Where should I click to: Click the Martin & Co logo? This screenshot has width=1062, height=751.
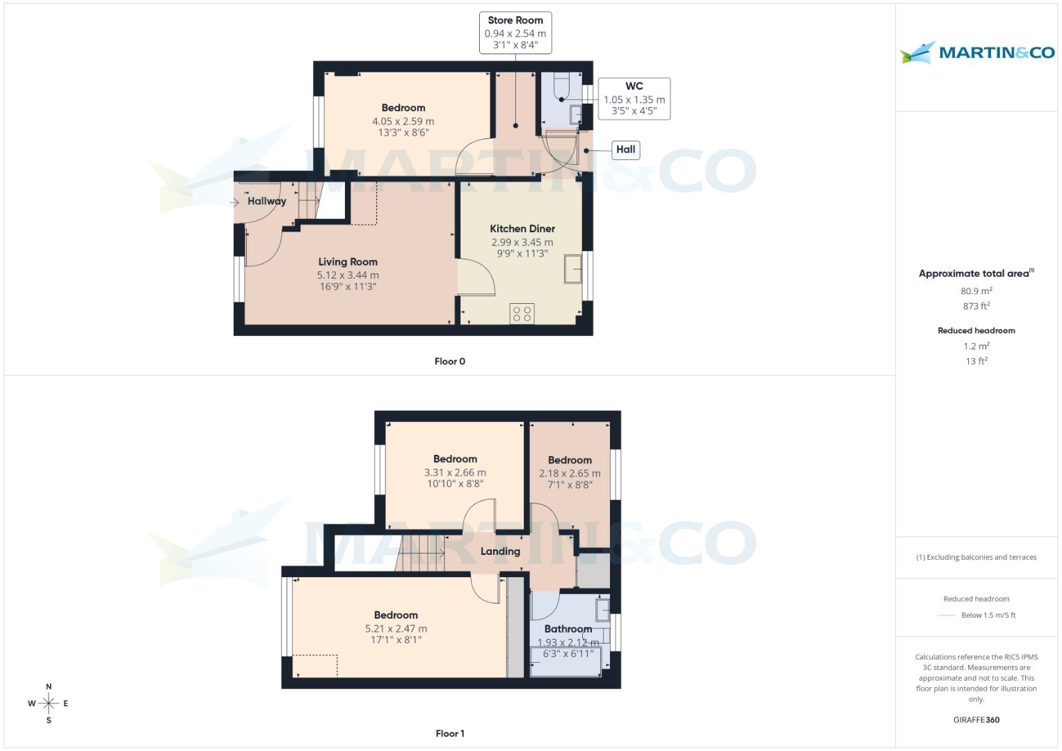pos(976,53)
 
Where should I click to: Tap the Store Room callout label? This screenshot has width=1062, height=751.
pos(515,33)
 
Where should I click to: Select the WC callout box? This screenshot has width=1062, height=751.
pos(634,99)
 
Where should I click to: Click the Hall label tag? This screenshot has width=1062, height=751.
pos(625,150)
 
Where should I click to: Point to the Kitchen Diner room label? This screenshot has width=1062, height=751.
pos(522,229)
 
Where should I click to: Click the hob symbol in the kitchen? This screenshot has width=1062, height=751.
pos(522,314)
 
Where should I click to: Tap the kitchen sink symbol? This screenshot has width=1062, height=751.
pos(574,269)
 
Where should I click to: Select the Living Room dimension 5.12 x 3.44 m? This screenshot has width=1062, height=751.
pos(348,275)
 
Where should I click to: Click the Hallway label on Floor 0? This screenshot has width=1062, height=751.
pos(266,201)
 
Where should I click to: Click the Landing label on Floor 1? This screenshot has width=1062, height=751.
pos(500,551)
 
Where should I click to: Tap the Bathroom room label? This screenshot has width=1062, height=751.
pos(568,629)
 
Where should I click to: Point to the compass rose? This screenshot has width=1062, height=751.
pos(49,704)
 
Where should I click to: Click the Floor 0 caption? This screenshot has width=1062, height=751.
pos(449,362)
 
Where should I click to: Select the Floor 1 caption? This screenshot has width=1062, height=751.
pos(449,734)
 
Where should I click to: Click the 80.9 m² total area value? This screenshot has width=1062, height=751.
pos(976,291)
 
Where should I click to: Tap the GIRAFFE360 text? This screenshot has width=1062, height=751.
pos(976,720)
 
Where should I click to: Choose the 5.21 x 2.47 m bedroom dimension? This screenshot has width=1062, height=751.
pos(396,629)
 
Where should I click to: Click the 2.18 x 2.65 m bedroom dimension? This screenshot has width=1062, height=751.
pos(570,474)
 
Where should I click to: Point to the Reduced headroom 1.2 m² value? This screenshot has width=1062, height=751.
pos(976,346)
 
